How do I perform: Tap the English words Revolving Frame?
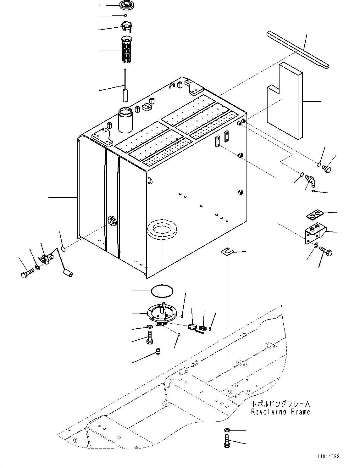tap(281, 412)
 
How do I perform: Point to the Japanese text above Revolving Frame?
tap(281, 404)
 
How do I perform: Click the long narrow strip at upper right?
tap(298, 50)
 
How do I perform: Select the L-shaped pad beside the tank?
tap(285, 101)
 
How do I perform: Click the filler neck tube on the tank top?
tap(125, 120)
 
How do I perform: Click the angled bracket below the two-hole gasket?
tap(315, 233)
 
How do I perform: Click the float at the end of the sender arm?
tap(68, 273)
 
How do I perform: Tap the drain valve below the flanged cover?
tap(158, 351)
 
